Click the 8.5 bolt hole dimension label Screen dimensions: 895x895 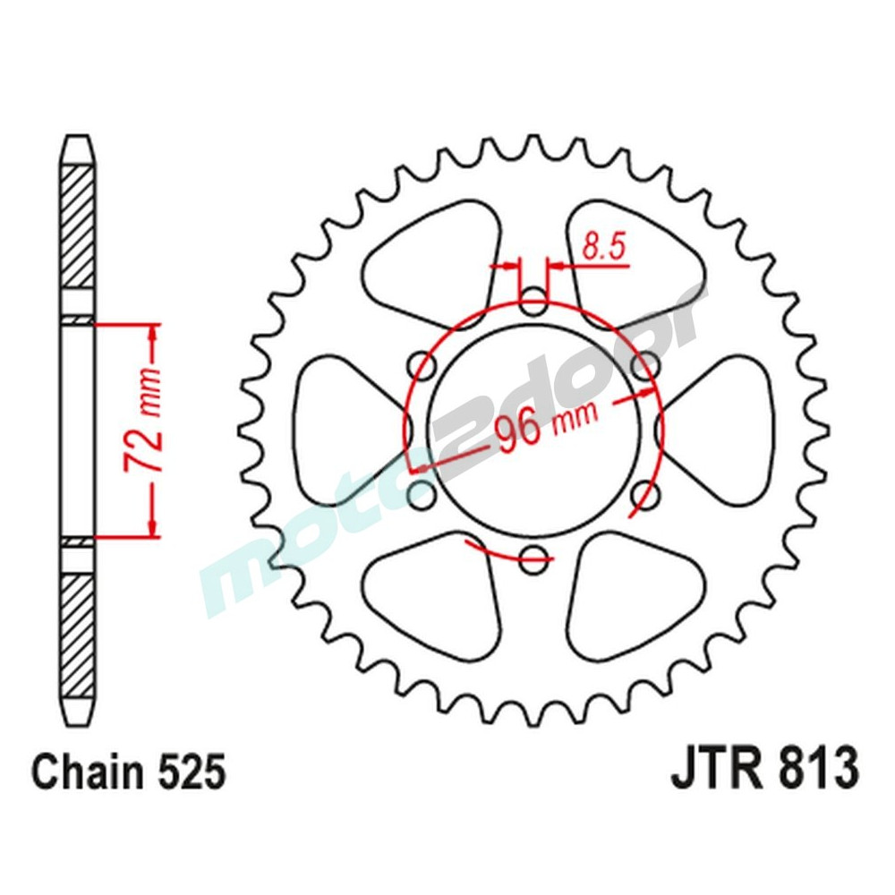click(603, 247)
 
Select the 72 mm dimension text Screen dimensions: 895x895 click(141, 430)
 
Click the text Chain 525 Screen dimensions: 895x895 click(127, 772)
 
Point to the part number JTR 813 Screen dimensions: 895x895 click(764, 771)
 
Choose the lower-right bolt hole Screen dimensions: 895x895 click(644, 494)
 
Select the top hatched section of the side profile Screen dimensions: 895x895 click(78, 228)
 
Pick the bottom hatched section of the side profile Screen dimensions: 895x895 click(78, 631)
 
